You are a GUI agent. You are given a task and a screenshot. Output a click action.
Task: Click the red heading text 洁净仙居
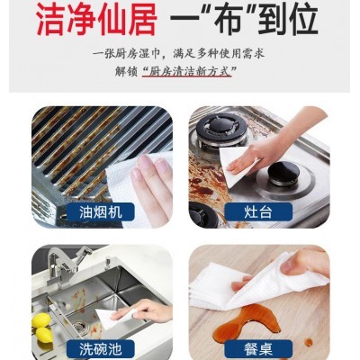coord(96,20)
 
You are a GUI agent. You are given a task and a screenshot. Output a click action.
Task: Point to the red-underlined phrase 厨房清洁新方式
coord(187,72)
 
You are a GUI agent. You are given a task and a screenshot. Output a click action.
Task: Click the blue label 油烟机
coord(101,212)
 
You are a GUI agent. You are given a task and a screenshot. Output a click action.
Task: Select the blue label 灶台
coord(258,212)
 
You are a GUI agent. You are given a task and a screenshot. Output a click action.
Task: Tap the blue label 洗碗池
coord(101,349)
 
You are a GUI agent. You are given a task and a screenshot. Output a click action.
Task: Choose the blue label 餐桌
coord(258,349)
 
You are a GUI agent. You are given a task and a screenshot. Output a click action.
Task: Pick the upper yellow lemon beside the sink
coord(40,319)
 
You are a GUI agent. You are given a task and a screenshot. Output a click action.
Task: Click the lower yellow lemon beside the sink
coord(44,335)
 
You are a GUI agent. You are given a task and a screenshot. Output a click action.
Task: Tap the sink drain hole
coord(79,326)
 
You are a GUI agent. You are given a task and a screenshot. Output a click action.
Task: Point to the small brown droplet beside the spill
coord(309,342)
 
